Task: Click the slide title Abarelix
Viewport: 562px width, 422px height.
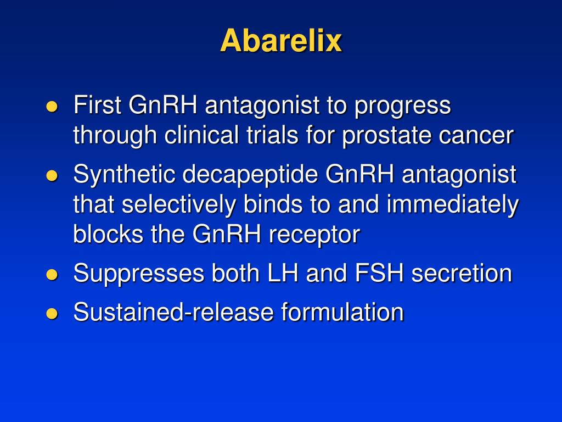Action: [x=281, y=41]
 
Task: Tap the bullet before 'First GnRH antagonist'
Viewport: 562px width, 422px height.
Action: [x=52, y=107]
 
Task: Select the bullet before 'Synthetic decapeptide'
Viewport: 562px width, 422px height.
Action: [x=52, y=176]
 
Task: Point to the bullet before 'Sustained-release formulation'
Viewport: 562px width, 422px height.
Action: [x=52, y=313]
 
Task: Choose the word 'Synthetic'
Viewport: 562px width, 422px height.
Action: [x=123, y=175]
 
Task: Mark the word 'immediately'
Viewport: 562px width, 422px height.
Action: [x=453, y=205]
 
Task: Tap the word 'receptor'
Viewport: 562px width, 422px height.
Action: [x=314, y=235]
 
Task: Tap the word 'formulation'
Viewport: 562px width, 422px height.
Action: [x=342, y=312]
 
